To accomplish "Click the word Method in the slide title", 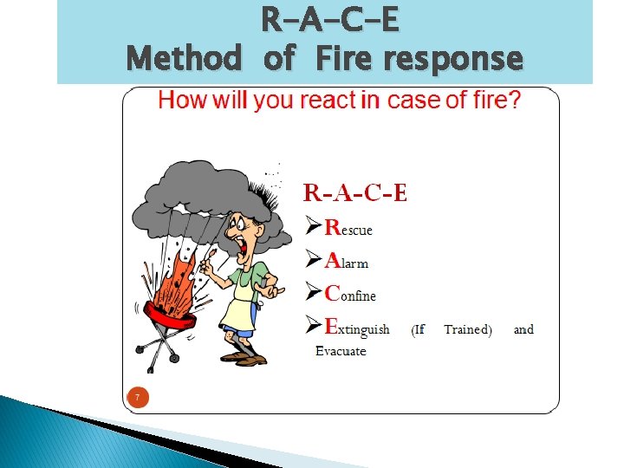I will (184, 59).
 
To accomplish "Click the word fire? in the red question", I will (491, 101).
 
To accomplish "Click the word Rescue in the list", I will (348, 228).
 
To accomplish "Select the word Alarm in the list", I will (347, 260).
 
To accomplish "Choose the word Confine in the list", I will (350, 294).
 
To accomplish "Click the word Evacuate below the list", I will (341, 351).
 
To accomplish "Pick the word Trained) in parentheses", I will (467, 329).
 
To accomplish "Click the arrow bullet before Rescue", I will (313, 229).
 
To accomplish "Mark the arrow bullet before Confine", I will (313, 295).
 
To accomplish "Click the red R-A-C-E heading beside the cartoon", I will (354, 192).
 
